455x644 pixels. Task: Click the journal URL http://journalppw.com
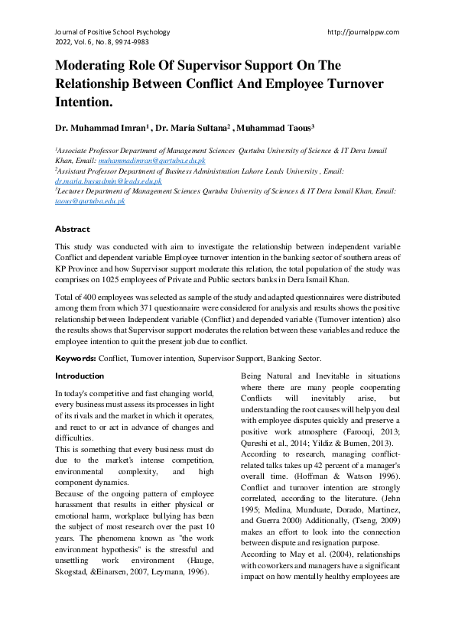point(363,32)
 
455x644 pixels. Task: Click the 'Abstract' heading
point(72,229)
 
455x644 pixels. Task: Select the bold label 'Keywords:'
point(75,359)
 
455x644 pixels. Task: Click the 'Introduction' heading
point(80,376)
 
